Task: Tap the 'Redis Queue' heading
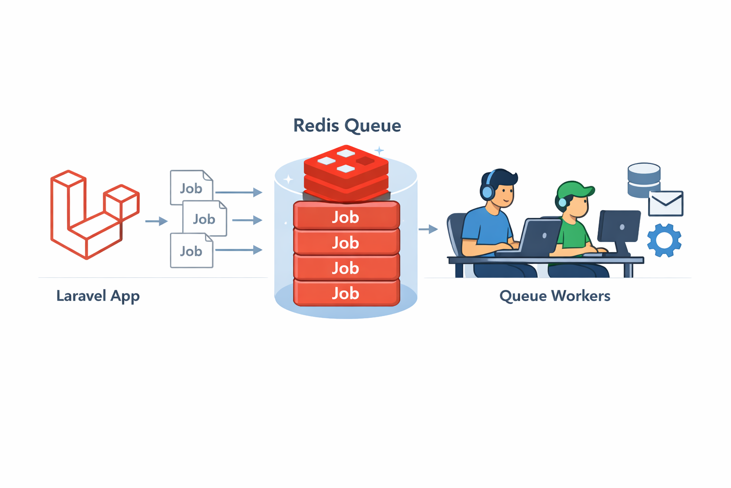click(347, 125)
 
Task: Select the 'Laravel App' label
click(98, 295)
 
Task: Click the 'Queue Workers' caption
click(554, 295)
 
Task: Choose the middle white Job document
click(205, 219)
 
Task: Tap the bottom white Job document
click(191, 251)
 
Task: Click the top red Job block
click(346, 217)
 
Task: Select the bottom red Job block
click(346, 293)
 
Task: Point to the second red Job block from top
click(346, 242)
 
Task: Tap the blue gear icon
click(664, 240)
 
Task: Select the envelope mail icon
click(666, 203)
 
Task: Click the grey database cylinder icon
click(643, 180)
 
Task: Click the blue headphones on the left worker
click(487, 191)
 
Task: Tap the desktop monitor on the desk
click(619, 227)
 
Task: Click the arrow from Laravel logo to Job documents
click(156, 221)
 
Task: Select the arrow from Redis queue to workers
click(428, 229)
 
